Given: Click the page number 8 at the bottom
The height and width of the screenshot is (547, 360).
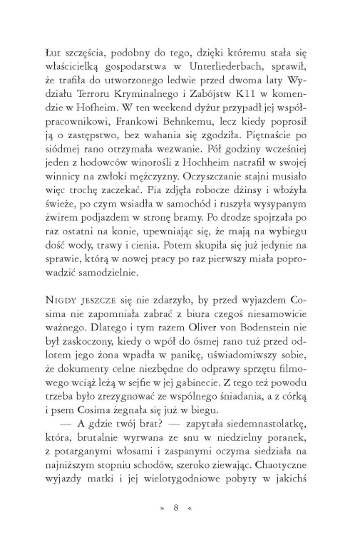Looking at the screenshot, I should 180,507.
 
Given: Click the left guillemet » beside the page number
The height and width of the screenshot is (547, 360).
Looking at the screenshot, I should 163,507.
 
